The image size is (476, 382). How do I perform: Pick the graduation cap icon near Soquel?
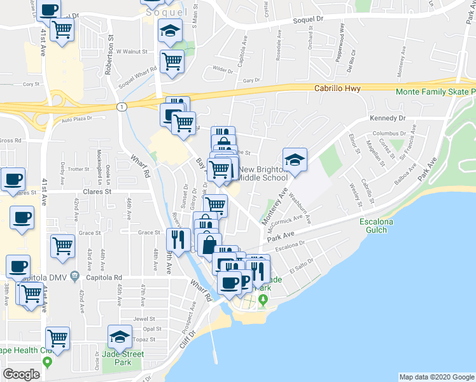169,31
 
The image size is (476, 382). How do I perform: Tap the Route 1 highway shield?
120,106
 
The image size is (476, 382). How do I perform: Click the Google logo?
21,374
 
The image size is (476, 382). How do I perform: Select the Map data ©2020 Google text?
436,377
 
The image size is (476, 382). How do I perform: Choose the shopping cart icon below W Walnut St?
172,62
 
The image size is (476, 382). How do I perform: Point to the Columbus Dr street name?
389,133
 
